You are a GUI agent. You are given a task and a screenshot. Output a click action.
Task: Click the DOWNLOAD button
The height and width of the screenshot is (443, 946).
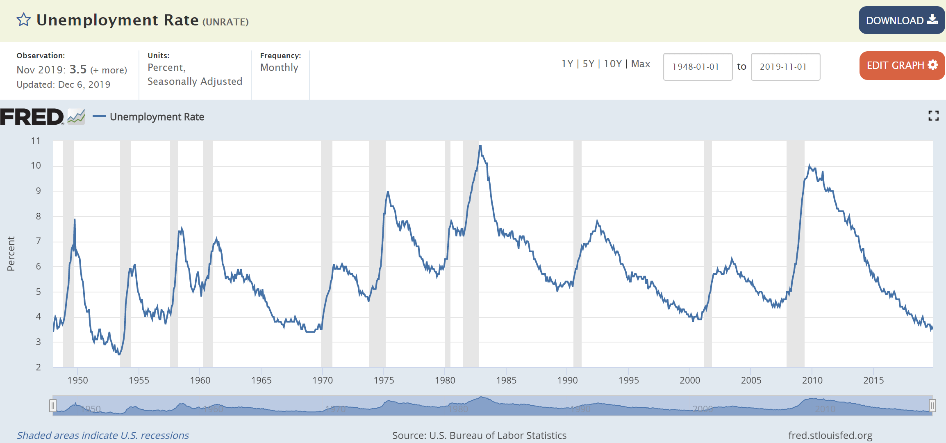point(901,20)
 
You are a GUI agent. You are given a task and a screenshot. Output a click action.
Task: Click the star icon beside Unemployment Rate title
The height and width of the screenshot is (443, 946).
point(24,20)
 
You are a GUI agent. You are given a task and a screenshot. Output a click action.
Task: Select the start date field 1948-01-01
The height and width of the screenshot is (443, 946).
point(698,67)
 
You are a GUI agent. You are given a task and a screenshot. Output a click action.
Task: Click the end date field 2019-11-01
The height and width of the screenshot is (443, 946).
point(785,67)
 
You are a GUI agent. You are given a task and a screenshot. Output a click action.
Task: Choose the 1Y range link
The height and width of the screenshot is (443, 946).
point(567,64)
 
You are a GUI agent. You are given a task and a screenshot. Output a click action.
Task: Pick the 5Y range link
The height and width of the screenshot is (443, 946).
point(588,64)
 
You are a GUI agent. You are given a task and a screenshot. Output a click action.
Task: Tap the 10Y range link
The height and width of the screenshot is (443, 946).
point(613,64)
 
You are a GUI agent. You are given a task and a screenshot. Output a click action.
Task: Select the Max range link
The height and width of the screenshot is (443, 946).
point(641,64)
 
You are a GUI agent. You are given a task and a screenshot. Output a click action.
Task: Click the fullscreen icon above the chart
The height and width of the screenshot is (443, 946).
point(933,116)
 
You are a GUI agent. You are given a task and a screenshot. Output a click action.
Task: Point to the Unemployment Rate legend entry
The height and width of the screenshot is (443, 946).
point(157,117)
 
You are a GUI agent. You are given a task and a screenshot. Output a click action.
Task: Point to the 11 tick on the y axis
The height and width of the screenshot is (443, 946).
point(36,141)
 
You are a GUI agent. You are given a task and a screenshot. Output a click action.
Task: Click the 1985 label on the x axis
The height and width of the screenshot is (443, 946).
point(506,380)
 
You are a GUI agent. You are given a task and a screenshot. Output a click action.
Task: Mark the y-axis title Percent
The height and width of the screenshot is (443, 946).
point(11,253)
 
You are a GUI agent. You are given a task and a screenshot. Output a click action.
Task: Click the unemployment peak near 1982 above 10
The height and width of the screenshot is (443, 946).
point(480,146)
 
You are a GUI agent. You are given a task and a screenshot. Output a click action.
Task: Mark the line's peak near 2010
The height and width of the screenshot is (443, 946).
point(809,165)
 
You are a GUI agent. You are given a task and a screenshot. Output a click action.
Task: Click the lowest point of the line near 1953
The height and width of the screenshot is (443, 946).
point(119,354)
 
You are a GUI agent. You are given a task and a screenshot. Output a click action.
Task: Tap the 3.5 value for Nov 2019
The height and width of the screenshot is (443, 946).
point(78,69)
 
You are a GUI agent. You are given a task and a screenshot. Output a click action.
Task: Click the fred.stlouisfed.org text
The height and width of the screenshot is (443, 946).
point(830,435)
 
